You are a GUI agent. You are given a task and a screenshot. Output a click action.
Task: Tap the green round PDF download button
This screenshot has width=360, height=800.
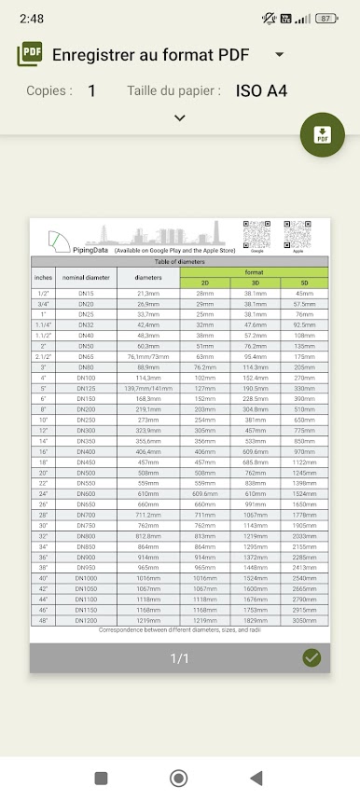pos(323,134)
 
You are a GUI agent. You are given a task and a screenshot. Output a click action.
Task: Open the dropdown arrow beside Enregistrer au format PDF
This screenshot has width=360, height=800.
pos(279,55)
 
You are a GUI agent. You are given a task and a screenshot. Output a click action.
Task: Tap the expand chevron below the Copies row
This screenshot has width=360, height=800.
pos(180,117)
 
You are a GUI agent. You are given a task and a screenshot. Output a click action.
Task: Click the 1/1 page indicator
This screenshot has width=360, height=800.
pos(180,658)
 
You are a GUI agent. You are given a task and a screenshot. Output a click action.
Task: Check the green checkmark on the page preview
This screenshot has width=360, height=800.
pos(312,658)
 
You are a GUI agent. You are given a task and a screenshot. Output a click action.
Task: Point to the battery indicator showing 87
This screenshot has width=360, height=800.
pos(325,18)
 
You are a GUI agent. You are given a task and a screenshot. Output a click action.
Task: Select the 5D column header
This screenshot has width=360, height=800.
pos(304,283)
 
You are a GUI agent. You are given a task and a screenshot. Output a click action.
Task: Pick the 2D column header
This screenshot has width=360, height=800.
pos(204,283)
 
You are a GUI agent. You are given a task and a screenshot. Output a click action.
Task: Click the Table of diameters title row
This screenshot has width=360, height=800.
pos(180,262)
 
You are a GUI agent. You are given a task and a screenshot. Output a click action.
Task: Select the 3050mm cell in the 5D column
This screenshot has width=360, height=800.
pos(304,619)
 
